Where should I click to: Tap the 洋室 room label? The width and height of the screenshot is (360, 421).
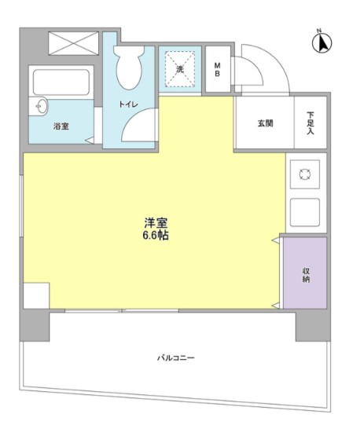coord(155,222)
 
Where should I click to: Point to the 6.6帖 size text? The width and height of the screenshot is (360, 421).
coord(155,235)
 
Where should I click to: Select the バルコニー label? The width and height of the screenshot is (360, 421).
coord(174,357)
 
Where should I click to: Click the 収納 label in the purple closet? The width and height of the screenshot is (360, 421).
coord(305,274)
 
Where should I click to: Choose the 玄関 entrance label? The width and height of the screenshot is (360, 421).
coord(265,123)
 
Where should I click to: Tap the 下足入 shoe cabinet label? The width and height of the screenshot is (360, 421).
coord(311,123)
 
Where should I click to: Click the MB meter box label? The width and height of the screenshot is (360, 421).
coord(218,69)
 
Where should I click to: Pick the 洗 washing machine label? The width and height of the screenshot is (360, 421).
coord(178,69)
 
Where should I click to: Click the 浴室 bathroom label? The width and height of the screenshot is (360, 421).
coord(60,125)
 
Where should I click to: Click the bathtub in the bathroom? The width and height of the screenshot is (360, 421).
coord(61,82)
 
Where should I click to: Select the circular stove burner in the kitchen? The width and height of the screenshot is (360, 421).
coord(305,175)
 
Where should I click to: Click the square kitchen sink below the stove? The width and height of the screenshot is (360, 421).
coord(305,210)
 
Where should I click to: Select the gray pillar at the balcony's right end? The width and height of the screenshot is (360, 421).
coord(312,324)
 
